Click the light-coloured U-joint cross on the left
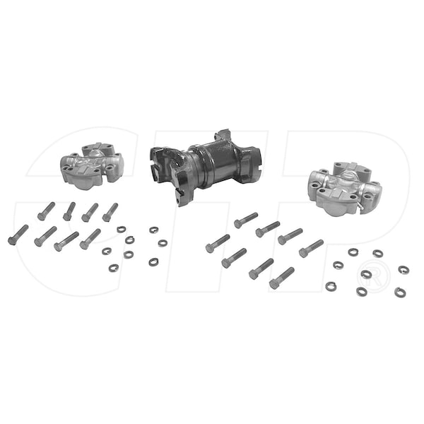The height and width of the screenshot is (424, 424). click(92, 166)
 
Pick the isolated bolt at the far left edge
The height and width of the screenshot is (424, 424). click(18, 235)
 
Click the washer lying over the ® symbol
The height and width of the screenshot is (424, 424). click(366, 274)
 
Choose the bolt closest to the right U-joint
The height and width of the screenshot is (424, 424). click(311, 248)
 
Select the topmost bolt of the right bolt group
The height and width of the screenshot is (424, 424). click(245, 220)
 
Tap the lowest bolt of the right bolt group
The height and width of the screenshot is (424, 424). click(281, 278)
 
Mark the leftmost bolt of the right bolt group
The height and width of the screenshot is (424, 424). click(218, 243)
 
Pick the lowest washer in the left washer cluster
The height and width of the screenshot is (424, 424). click(114, 268)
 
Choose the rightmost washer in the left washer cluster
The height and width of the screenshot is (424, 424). click(163, 242)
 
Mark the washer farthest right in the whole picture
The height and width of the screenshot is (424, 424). click(404, 270)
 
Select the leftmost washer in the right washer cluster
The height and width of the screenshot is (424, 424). click(331, 286)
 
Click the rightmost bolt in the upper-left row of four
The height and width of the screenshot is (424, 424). click(110, 212)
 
